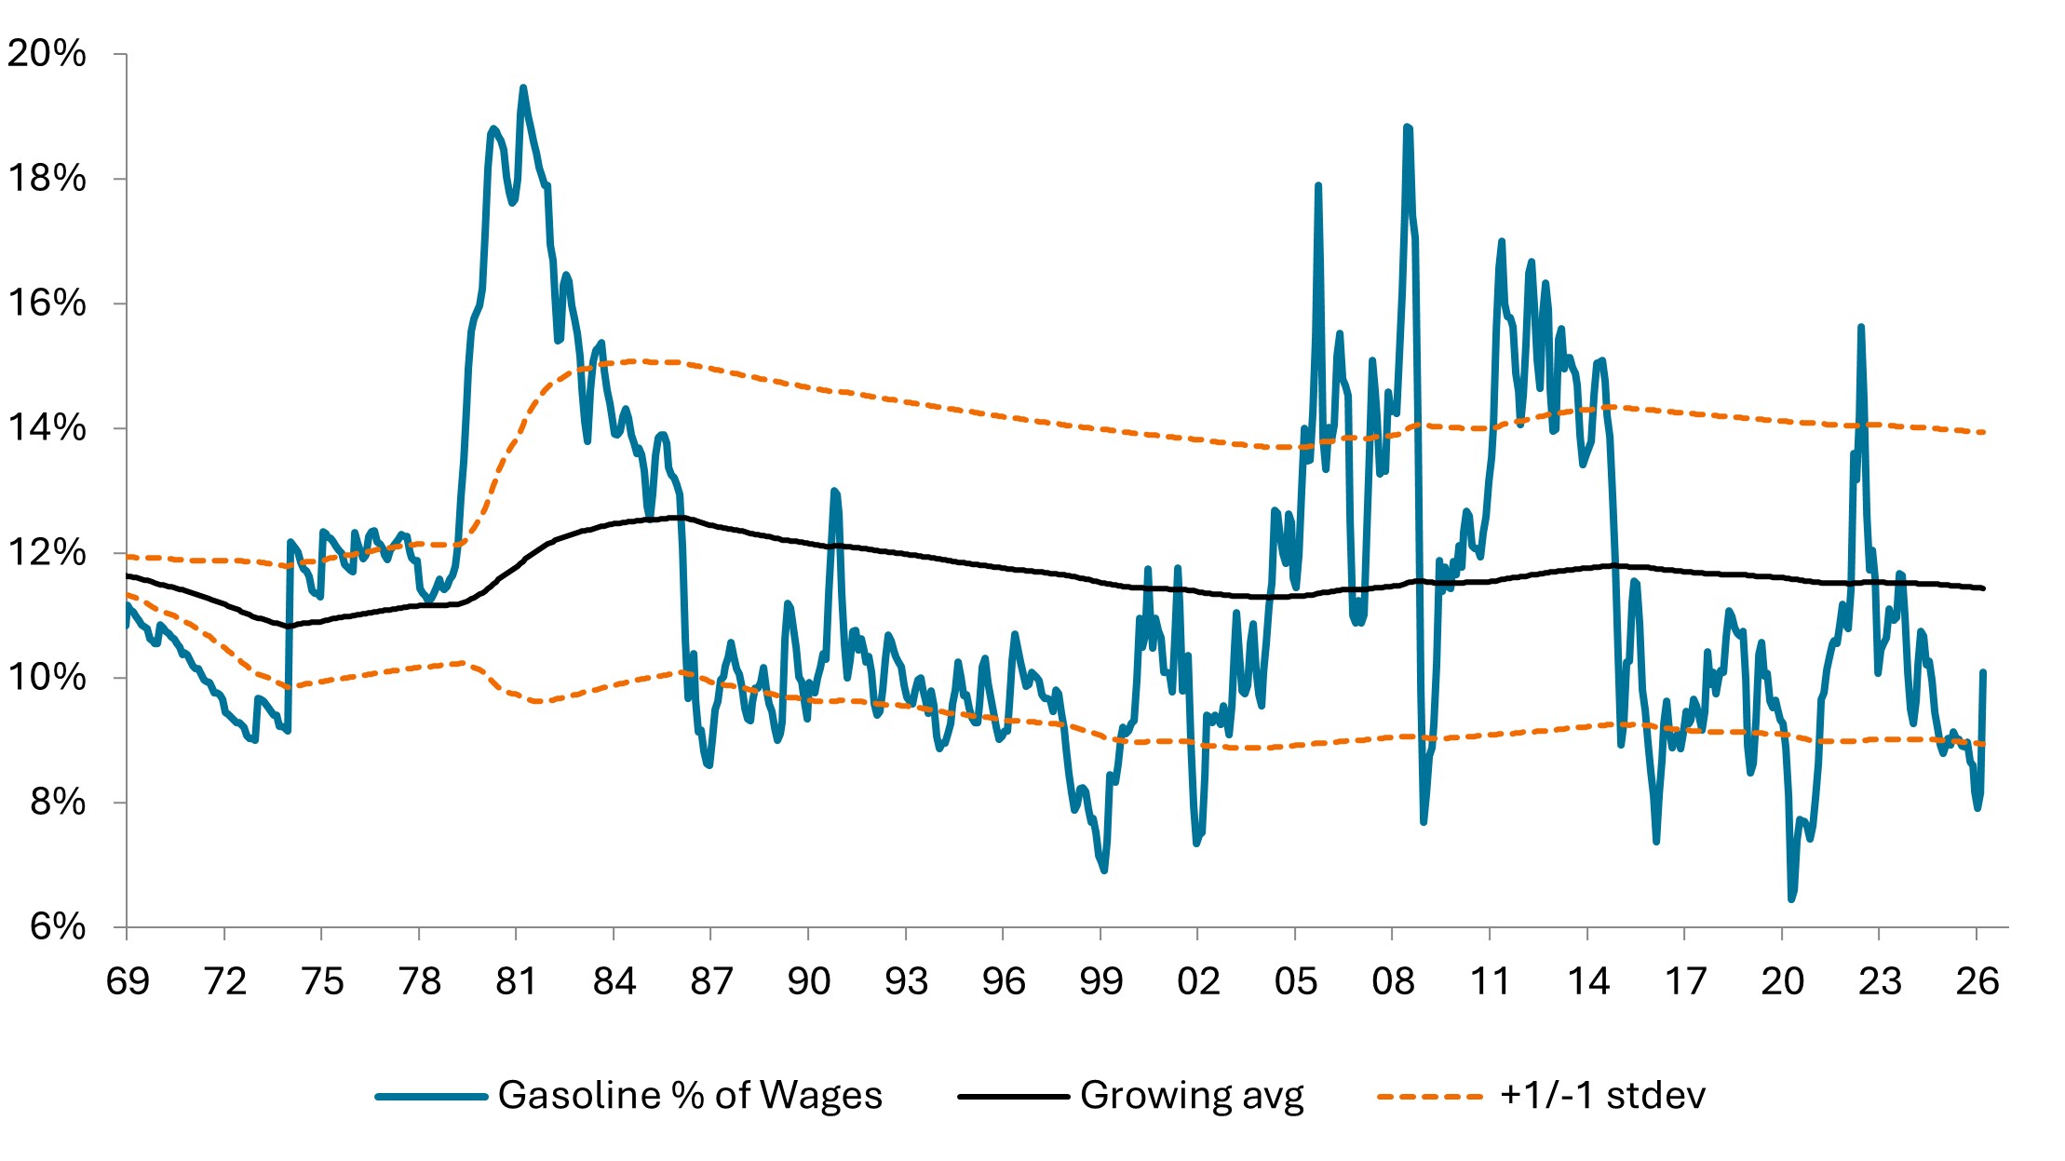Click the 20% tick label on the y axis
(x=47, y=54)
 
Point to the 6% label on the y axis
(x=58, y=927)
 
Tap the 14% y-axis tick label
(x=47, y=428)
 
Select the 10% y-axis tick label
(x=47, y=678)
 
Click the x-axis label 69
(x=128, y=981)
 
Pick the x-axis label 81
(x=517, y=981)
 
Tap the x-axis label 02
(x=1198, y=981)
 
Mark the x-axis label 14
(x=1588, y=981)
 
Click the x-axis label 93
(x=906, y=981)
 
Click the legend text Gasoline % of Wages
(x=690, y=1096)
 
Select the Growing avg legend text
(x=1192, y=1096)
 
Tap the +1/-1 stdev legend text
(x=1602, y=1096)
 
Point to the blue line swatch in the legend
(x=431, y=1097)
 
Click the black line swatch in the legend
(x=1013, y=1097)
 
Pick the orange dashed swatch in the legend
(x=1430, y=1097)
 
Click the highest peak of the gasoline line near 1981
(x=523, y=88)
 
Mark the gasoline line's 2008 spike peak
(x=1407, y=127)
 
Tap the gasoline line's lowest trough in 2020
(x=1791, y=899)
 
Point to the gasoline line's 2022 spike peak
(x=1861, y=327)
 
